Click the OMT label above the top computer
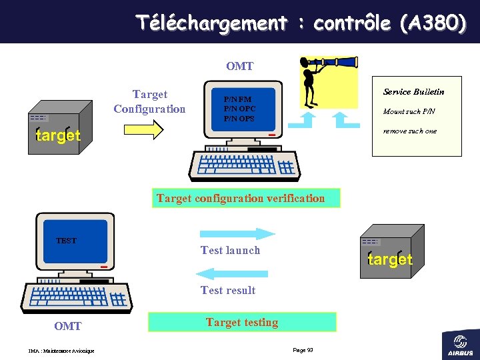tap(239, 66)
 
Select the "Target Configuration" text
tap(149, 101)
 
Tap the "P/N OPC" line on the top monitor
tap(239, 109)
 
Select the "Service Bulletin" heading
tap(413, 91)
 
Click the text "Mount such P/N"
tap(409, 111)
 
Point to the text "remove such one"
tap(409, 131)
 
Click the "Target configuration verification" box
tap(241, 198)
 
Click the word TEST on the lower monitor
tap(66, 241)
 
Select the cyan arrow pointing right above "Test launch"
tap(237, 233)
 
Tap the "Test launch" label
tap(230, 250)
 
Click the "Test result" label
tap(228, 290)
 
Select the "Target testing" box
tap(241, 322)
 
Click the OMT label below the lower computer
tap(67, 326)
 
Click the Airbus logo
tap(461, 345)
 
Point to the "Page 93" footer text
tap(303, 351)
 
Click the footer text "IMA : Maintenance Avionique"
tap(61, 351)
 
